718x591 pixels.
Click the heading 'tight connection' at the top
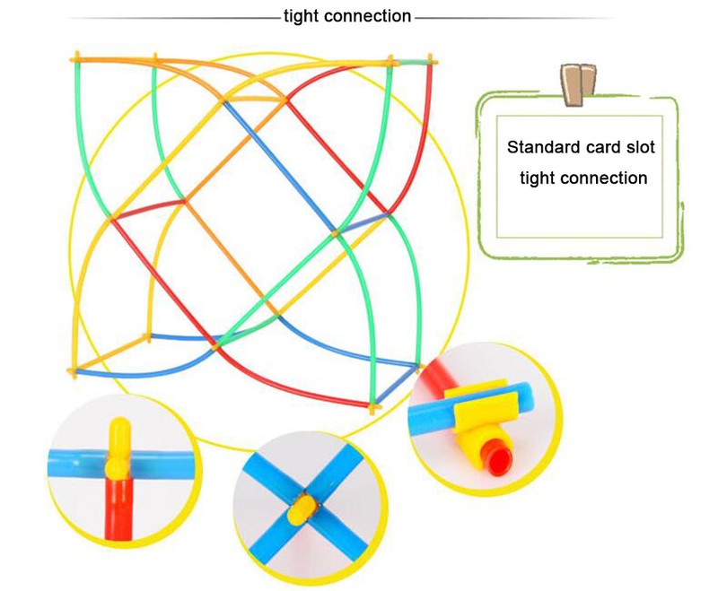346,16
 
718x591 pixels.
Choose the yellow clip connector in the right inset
481,408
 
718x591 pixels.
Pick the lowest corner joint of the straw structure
372,406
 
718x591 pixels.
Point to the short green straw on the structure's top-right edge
411,62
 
